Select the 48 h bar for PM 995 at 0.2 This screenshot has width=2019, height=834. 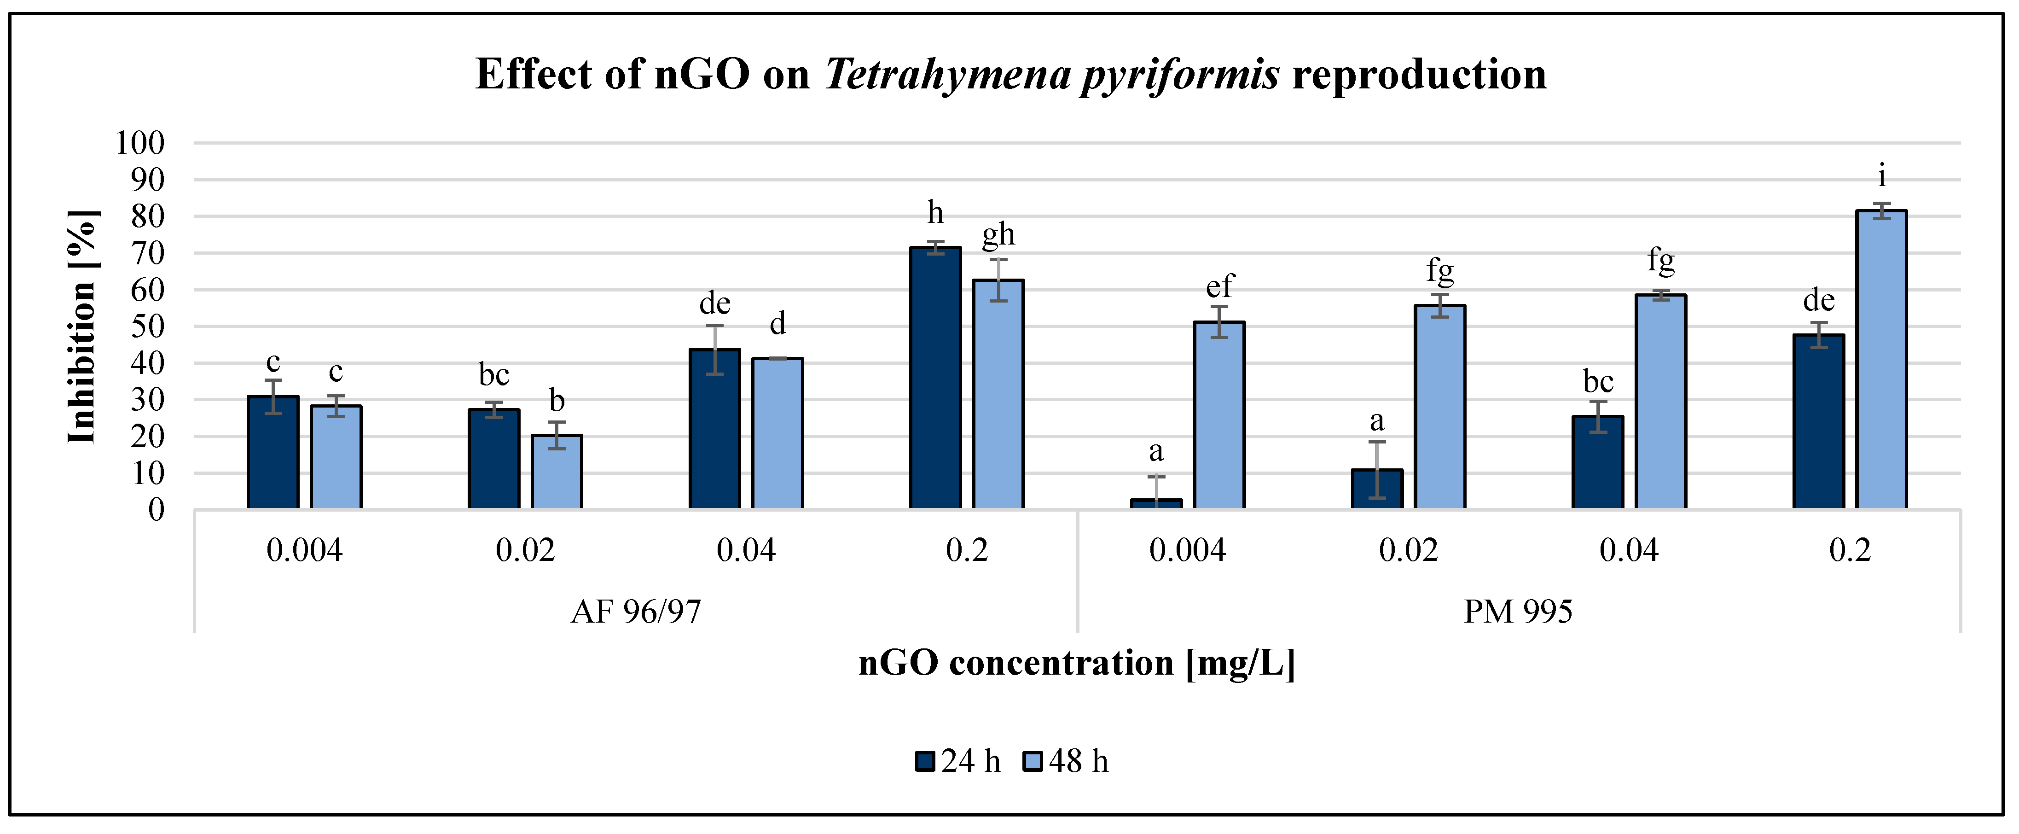(x=1881, y=361)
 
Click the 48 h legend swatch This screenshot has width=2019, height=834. (x=1033, y=761)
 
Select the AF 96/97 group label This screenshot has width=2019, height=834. (x=636, y=612)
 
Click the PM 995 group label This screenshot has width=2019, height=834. (x=1518, y=612)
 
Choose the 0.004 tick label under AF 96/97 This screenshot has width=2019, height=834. (x=304, y=551)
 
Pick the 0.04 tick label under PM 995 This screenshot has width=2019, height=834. (x=1629, y=551)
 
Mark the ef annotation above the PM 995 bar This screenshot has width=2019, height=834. (x=1219, y=286)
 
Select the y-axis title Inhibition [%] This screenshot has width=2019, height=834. (x=82, y=327)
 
